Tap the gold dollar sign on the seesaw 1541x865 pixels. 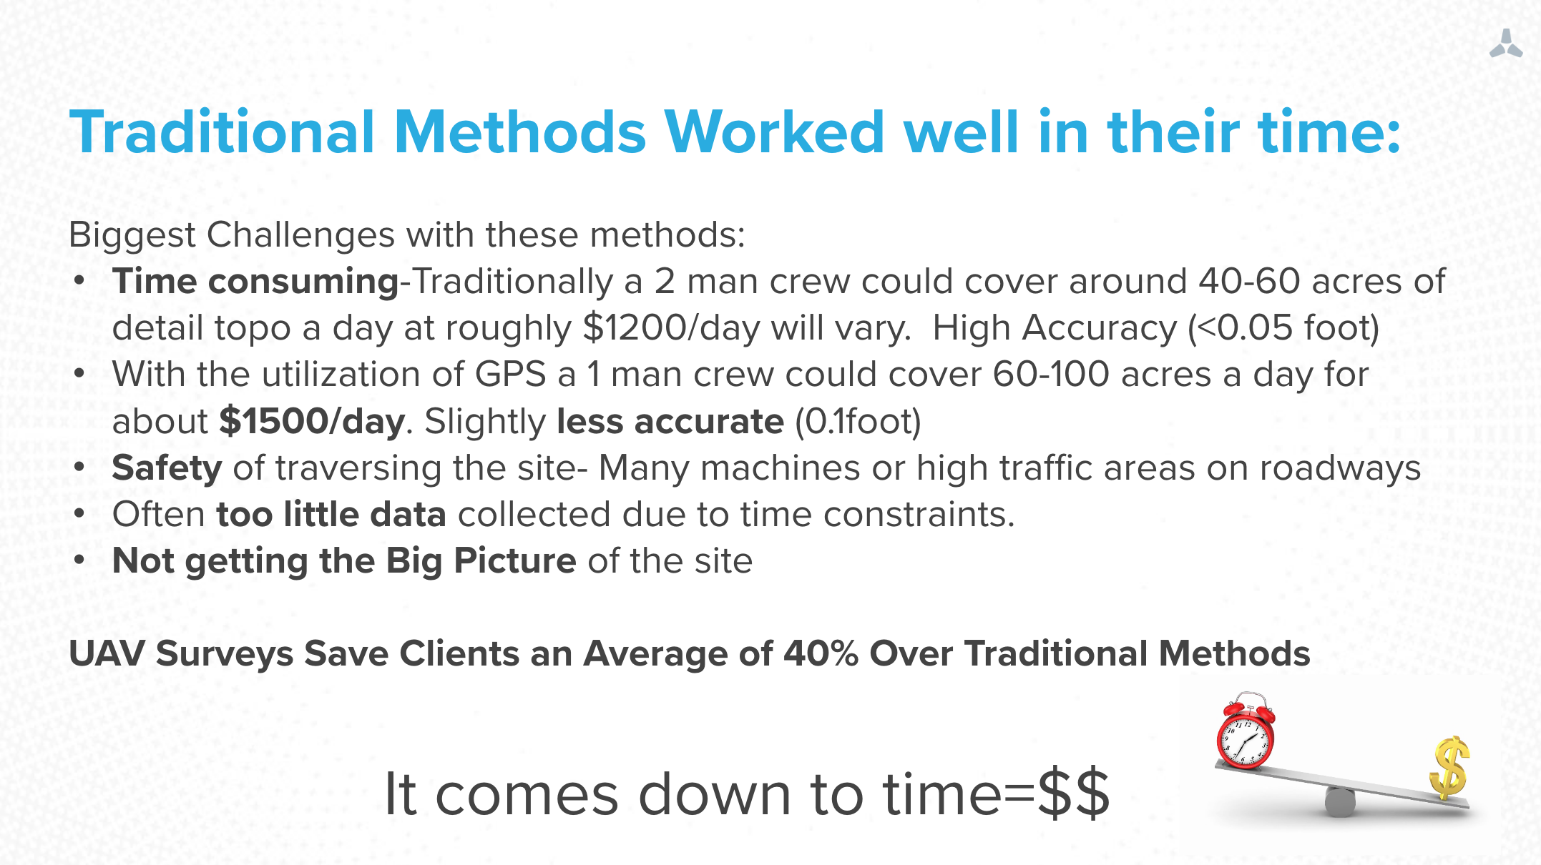point(1449,768)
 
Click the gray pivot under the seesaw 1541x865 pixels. point(1340,801)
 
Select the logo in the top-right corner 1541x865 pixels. point(1506,44)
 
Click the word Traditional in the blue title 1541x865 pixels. point(222,132)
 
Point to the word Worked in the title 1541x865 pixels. point(775,132)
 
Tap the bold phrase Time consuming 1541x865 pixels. point(255,282)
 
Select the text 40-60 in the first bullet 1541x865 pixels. point(1249,281)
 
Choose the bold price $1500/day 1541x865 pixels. point(312,421)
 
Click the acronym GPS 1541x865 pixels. point(511,374)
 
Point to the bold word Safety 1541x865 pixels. point(167,468)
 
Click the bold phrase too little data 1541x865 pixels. point(331,514)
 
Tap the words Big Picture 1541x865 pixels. point(481,561)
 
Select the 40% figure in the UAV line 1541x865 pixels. point(821,653)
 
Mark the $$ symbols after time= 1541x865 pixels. point(1073,794)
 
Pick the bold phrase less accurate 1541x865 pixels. point(670,421)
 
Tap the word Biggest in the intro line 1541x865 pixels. point(132,235)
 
